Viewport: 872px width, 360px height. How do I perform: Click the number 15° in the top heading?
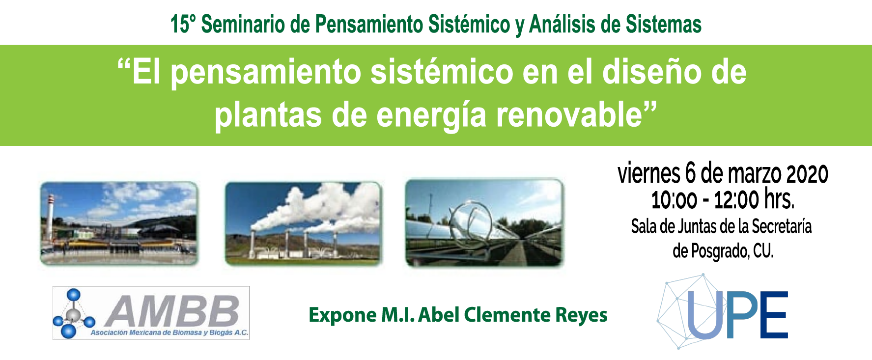[x=183, y=25]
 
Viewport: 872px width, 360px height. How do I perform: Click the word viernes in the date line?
[x=648, y=174]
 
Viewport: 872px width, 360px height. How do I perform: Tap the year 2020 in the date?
[x=808, y=174]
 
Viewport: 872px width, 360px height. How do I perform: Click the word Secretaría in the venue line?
[x=782, y=226]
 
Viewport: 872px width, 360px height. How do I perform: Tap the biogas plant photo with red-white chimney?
[x=119, y=223]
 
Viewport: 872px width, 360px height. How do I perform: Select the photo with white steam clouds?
[x=303, y=223]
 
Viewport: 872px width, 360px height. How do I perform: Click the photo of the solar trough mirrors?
[x=484, y=223]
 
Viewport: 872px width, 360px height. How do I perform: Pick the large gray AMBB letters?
[x=172, y=310]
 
